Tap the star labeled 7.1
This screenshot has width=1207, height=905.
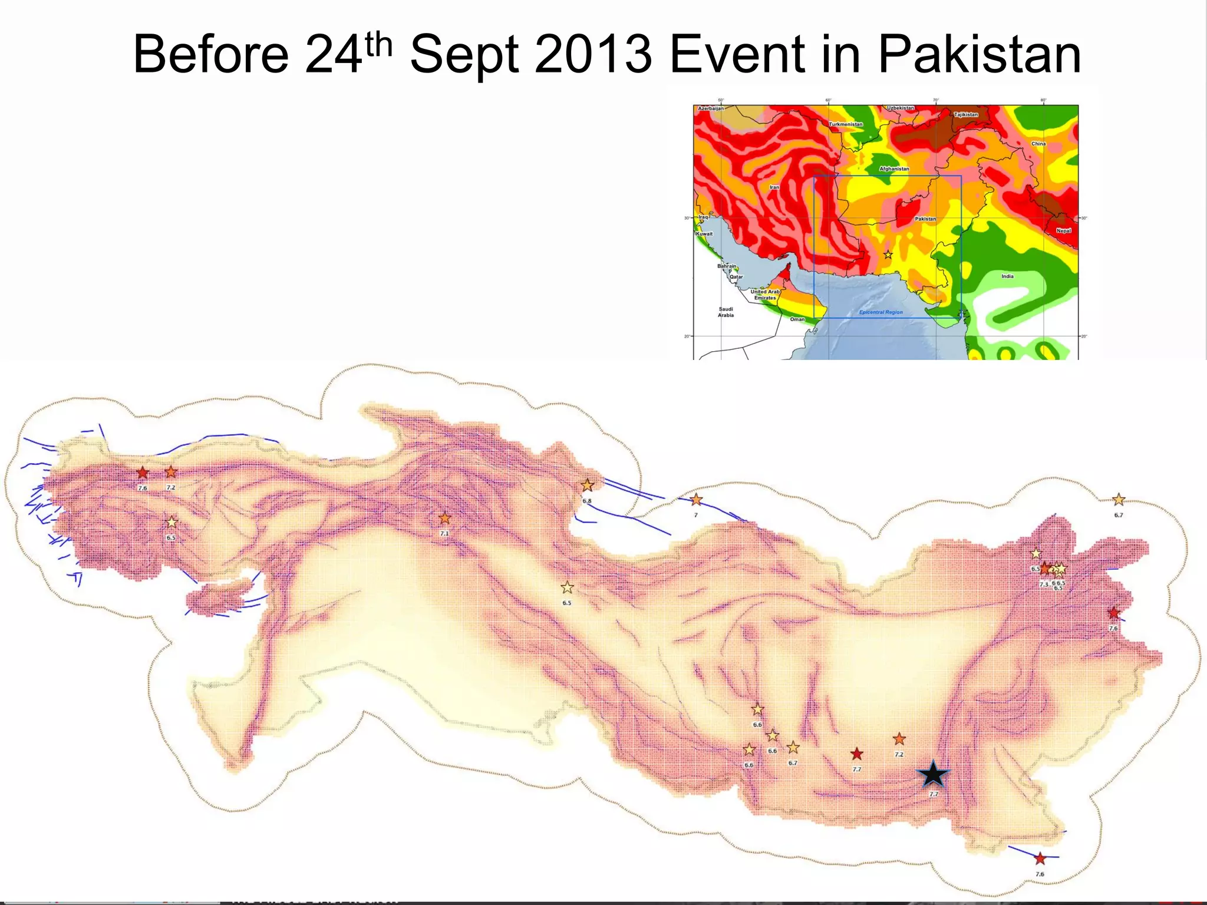(x=445, y=518)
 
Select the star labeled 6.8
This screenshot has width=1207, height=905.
(x=587, y=485)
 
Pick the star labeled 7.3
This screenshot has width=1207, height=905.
(x=1045, y=569)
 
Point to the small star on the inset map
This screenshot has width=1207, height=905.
(x=888, y=255)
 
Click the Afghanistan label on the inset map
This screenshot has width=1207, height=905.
(x=894, y=169)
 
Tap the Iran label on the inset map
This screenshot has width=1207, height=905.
(x=774, y=187)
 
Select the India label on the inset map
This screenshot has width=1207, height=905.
(x=1007, y=276)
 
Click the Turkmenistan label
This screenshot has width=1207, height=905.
(x=846, y=124)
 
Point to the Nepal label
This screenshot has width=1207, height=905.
(x=1063, y=231)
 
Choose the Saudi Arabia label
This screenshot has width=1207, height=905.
(x=725, y=312)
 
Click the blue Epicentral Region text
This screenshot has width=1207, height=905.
(x=880, y=312)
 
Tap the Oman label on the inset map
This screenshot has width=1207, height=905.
(x=797, y=319)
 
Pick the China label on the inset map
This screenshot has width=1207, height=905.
(x=1038, y=144)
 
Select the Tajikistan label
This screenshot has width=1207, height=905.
(x=966, y=115)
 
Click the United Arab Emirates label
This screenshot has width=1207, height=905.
(x=765, y=295)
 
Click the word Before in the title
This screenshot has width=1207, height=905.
(x=211, y=55)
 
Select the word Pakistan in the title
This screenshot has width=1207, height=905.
(x=979, y=55)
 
